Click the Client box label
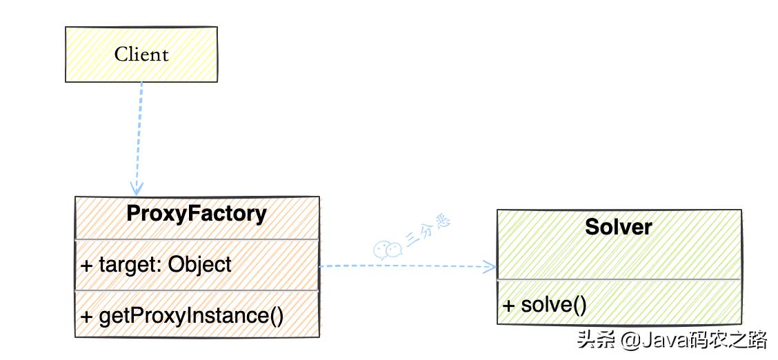[141, 54]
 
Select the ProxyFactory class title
[197, 214]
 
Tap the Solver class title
[619, 226]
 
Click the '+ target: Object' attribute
[157, 264]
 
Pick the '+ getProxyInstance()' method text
[183, 316]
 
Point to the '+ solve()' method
[545, 304]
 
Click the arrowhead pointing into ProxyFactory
[137, 188]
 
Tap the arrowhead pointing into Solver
[490, 266]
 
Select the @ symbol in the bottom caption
[629, 340]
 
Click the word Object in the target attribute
[200, 264]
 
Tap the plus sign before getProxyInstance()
[86, 317]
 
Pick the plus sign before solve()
[509, 305]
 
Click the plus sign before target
[86, 265]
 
